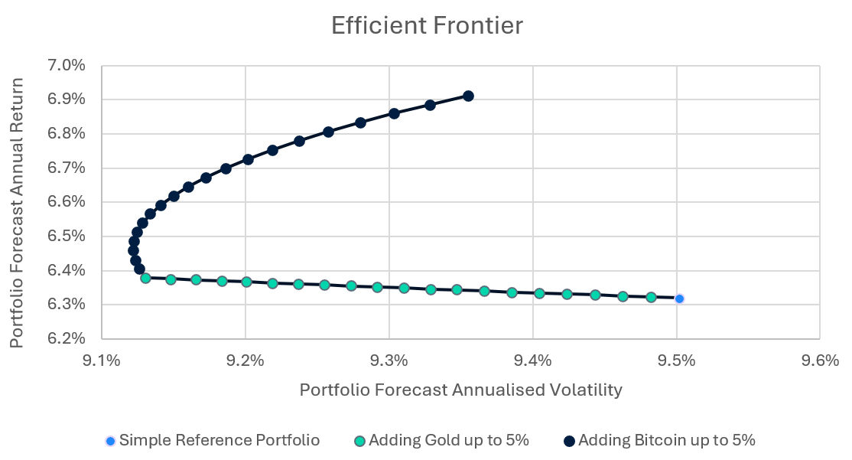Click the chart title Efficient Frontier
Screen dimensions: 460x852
coord(427,26)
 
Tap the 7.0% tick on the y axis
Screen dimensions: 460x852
coord(68,66)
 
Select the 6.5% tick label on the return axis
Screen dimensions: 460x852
coord(68,237)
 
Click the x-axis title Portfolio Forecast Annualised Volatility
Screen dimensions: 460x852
coord(460,390)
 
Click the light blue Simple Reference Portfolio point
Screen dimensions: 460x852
coord(679,299)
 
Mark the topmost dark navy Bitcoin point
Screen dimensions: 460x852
coord(468,96)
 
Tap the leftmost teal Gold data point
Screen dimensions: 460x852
coord(145,278)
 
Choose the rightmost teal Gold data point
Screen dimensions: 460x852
coord(651,297)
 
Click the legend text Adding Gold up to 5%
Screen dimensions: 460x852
coord(448,441)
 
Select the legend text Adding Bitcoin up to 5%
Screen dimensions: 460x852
coord(666,441)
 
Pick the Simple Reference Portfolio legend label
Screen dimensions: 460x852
coord(220,441)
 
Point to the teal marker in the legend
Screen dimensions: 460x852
coord(360,441)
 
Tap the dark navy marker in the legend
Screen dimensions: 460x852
coord(569,441)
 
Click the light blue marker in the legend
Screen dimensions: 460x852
coord(111,441)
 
